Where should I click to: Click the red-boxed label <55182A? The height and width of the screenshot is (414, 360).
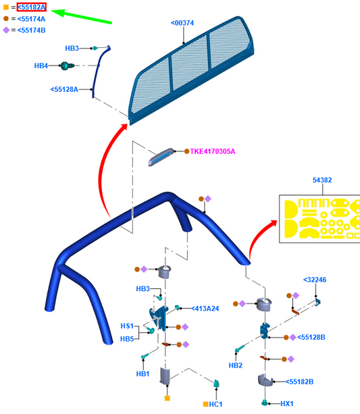[x=32, y=7]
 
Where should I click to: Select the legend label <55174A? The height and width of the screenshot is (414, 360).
[x=31, y=19]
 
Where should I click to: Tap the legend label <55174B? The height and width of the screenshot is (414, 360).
[x=32, y=30]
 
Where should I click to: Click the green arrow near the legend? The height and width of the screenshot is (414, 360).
[x=81, y=16]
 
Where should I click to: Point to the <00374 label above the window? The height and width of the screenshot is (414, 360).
[x=182, y=23]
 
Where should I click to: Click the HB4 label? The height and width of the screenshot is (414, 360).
[x=41, y=66]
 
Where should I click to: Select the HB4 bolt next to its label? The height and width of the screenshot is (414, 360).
[x=66, y=66]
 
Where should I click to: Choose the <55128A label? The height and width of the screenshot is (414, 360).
[x=64, y=90]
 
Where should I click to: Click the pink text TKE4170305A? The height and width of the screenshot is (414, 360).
[x=212, y=151]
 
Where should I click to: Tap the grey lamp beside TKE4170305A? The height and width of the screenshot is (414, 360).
[x=161, y=157]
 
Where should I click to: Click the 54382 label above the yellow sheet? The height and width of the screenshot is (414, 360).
[x=322, y=180]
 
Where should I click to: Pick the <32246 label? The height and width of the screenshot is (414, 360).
[x=315, y=280]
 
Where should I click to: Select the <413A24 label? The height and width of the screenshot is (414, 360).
[x=205, y=309]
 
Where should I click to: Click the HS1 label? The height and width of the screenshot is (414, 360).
[x=127, y=326]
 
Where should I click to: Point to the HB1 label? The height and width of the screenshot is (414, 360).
[x=143, y=374]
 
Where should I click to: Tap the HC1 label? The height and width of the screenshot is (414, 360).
[x=215, y=405]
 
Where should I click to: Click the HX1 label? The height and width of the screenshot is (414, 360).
[x=287, y=404]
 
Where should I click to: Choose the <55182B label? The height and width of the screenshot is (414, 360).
[x=299, y=382]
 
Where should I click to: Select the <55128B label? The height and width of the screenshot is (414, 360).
[x=311, y=337]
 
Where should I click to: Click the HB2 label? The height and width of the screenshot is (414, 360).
[x=235, y=365]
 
